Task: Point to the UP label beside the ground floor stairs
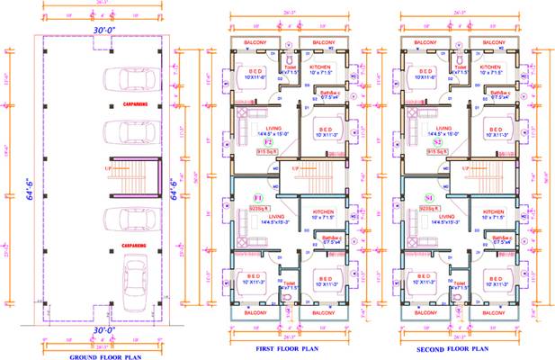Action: coord(107,167)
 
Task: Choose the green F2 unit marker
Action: coord(267,142)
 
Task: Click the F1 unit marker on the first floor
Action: coord(256,196)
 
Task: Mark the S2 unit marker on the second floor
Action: coord(436,142)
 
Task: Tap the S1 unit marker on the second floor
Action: coord(429,196)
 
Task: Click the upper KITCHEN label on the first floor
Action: coord(321,67)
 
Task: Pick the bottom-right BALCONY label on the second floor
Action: coord(493,312)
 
